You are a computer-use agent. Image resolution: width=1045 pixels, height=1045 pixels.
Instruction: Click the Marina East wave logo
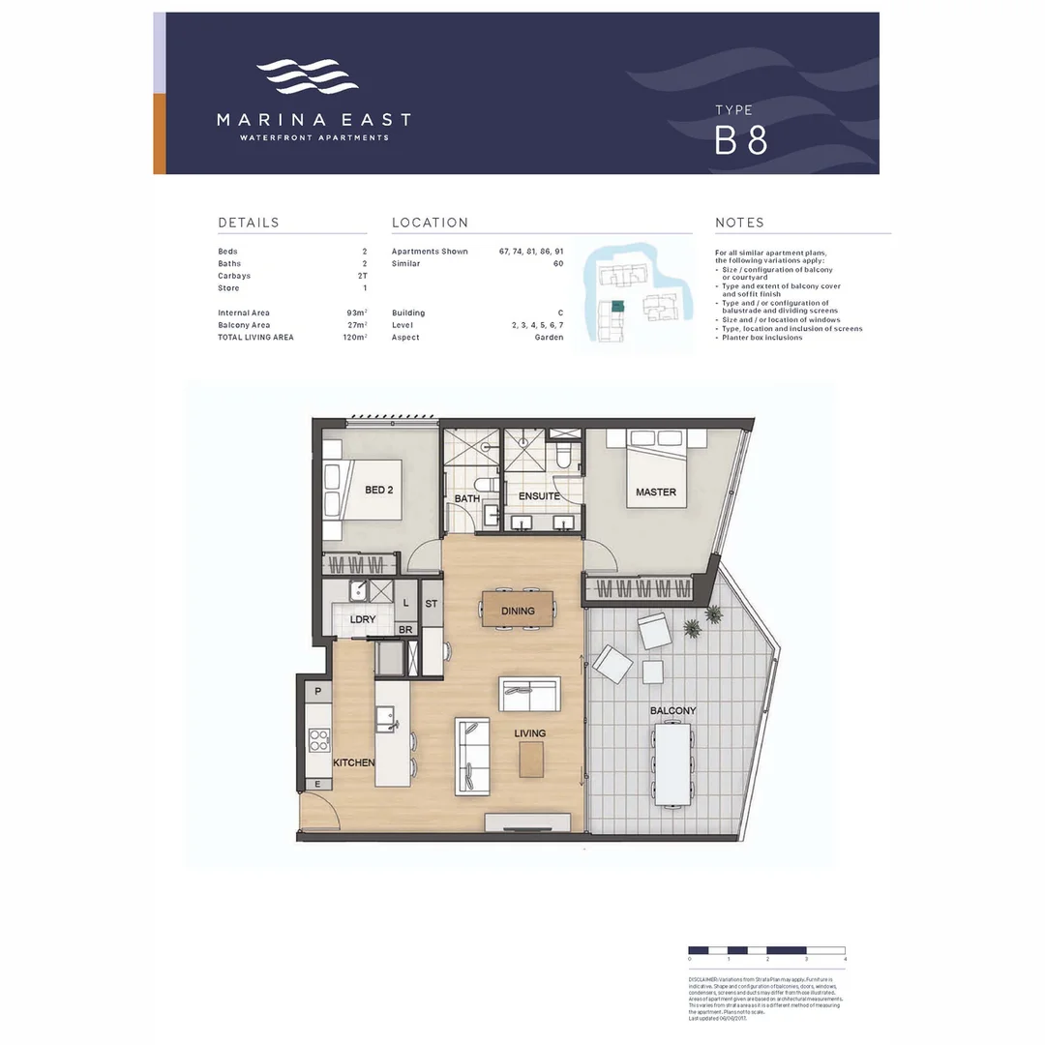307,76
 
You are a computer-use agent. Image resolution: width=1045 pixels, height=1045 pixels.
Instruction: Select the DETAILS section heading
249,223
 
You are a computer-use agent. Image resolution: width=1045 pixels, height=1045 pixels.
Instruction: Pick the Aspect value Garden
549,338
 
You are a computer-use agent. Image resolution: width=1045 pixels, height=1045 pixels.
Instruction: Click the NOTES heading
739,223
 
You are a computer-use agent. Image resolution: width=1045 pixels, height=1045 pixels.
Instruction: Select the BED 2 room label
378,490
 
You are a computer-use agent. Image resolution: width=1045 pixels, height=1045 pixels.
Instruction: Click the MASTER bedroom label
655,493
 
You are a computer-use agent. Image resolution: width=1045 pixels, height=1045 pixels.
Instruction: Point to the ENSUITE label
539,496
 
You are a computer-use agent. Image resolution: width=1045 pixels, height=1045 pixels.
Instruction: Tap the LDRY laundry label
362,619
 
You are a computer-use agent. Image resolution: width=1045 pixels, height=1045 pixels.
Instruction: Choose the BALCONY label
672,711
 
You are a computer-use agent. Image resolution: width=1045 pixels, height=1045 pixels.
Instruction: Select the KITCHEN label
354,763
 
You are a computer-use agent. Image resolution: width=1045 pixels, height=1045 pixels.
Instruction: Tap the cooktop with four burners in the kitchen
318,740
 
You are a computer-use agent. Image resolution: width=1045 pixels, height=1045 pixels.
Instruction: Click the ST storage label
432,603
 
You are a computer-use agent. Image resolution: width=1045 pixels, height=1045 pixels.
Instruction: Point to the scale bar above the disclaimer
766,950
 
